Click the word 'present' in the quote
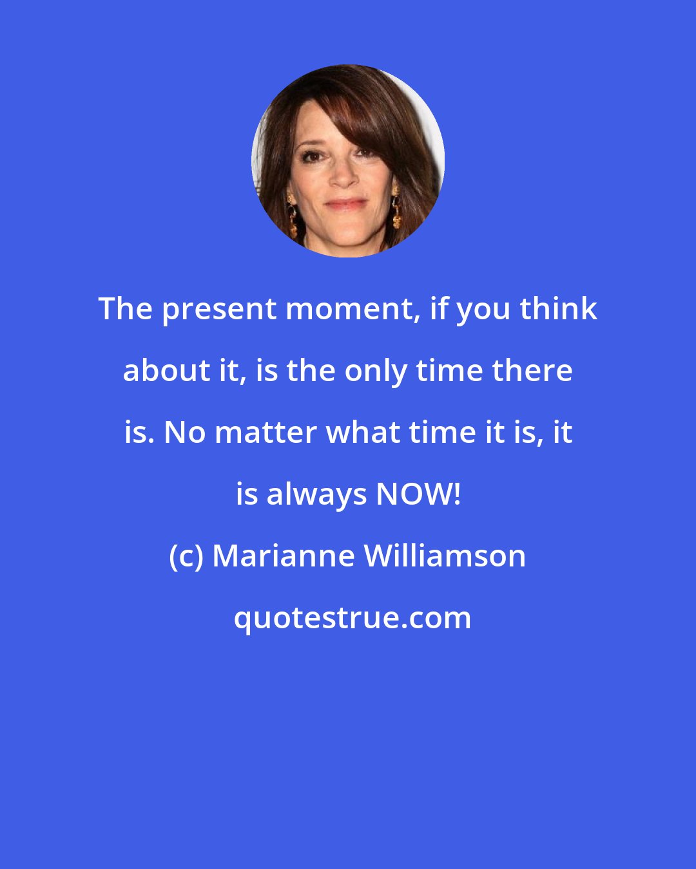coord(204,310)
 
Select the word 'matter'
coord(266,433)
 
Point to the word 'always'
coord(316,494)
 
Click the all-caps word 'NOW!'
coord(418,494)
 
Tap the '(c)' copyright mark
coord(186,556)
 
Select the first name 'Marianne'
coord(282,556)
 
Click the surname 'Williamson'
coord(445,556)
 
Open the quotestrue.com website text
coord(352,618)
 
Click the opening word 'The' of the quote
coord(126,309)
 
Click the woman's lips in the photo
coord(347,205)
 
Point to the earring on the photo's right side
coord(395,206)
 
